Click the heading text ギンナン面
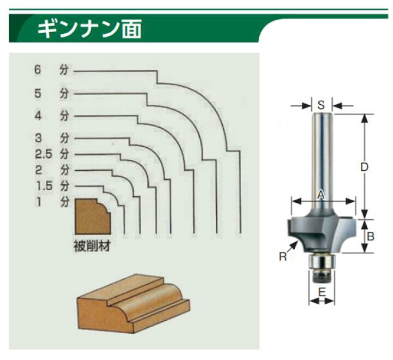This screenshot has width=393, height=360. pyautogui.click(x=89, y=29)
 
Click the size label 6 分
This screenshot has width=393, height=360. pyautogui.click(x=51, y=70)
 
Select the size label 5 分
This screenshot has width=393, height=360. pyautogui.click(x=51, y=94)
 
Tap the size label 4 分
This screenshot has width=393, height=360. pyautogui.click(x=51, y=116)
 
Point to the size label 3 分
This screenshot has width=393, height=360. pyautogui.click(x=51, y=138)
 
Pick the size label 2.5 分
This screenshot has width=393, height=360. pyautogui.click(x=52, y=154)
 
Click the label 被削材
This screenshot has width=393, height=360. pyautogui.click(x=92, y=246)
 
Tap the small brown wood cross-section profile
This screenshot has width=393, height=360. pyautogui.click(x=93, y=217)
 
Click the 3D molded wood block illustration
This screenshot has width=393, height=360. pyautogui.click(x=133, y=304)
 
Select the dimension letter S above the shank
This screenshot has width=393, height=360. pyautogui.click(x=321, y=105)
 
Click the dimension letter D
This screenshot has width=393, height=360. pyautogui.click(x=364, y=167)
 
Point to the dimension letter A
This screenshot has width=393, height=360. pyautogui.click(x=321, y=195)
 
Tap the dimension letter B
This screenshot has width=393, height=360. pyautogui.click(x=371, y=236)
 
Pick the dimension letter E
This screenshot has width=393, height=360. pyautogui.click(x=321, y=292)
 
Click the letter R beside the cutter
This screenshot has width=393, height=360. pyautogui.click(x=283, y=257)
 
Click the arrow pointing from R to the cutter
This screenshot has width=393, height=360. pyautogui.click(x=292, y=247)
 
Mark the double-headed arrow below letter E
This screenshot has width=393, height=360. pyautogui.click(x=322, y=301)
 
